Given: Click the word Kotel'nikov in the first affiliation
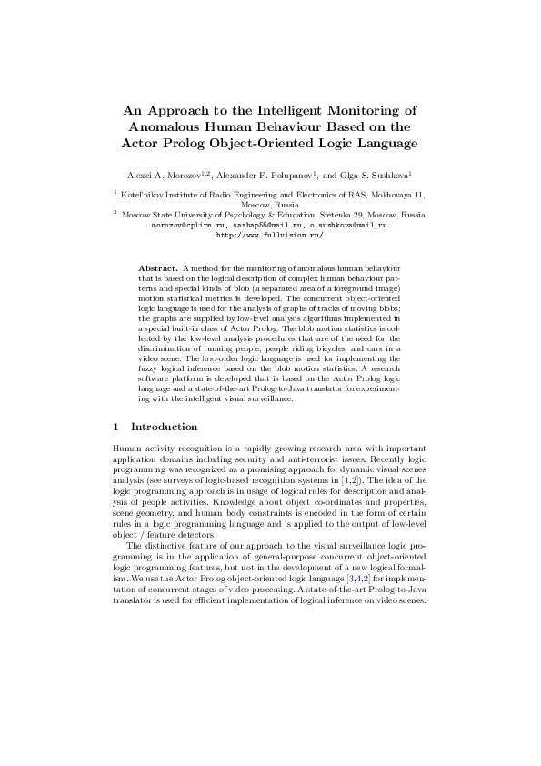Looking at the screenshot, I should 146,195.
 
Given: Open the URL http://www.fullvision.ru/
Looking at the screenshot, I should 269,234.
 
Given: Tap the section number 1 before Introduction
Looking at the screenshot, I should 115,426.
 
